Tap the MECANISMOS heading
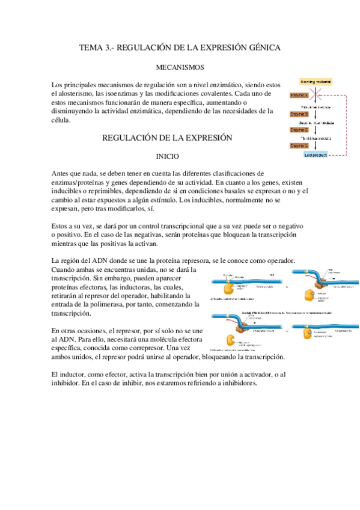180,68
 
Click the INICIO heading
168,156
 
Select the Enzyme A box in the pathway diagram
299,96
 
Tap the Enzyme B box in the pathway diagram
299,113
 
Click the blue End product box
316,155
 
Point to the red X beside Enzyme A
319,95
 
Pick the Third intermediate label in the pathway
319,138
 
